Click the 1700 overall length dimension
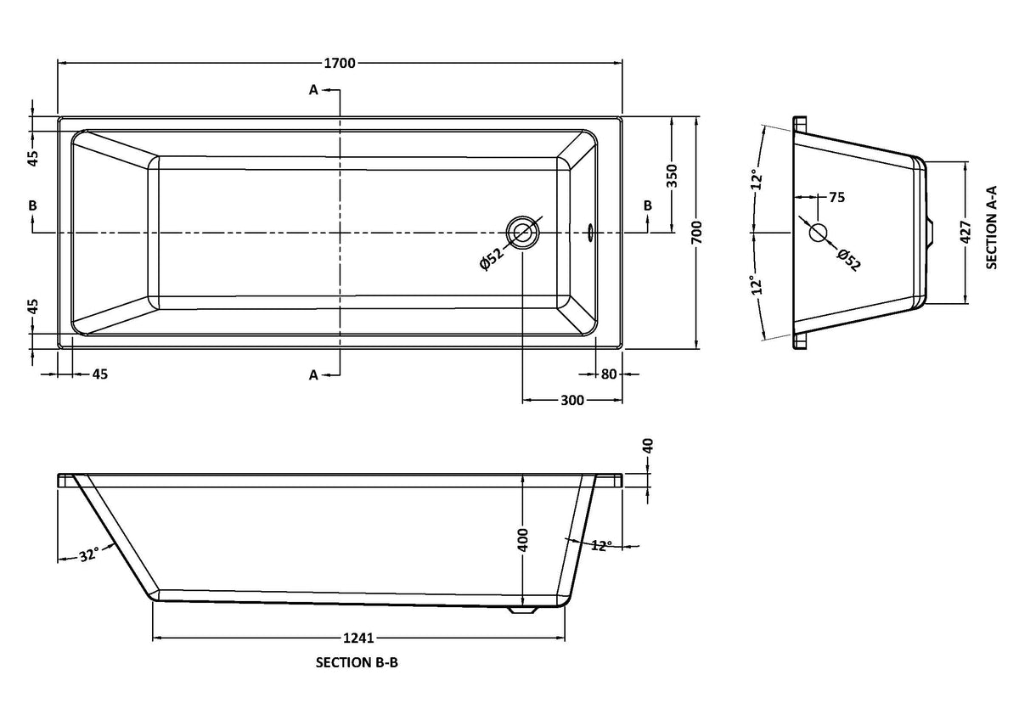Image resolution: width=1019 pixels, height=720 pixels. click(340, 63)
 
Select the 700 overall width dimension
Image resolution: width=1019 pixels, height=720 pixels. click(696, 231)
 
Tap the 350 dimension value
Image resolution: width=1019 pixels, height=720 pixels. click(671, 175)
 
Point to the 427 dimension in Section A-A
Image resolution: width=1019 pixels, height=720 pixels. click(965, 232)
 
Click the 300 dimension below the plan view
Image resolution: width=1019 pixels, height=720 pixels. click(572, 401)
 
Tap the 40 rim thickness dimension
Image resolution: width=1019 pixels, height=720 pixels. click(649, 447)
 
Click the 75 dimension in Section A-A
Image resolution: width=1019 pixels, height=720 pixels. click(836, 198)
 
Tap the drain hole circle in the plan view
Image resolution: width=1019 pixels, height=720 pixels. click(521, 231)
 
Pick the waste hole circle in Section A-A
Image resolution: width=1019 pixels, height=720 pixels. click(818, 232)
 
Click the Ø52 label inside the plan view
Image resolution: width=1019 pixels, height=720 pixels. click(493, 256)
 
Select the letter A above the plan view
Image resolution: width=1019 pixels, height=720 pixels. click(313, 89)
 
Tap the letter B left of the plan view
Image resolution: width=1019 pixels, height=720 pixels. click(32, 205)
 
